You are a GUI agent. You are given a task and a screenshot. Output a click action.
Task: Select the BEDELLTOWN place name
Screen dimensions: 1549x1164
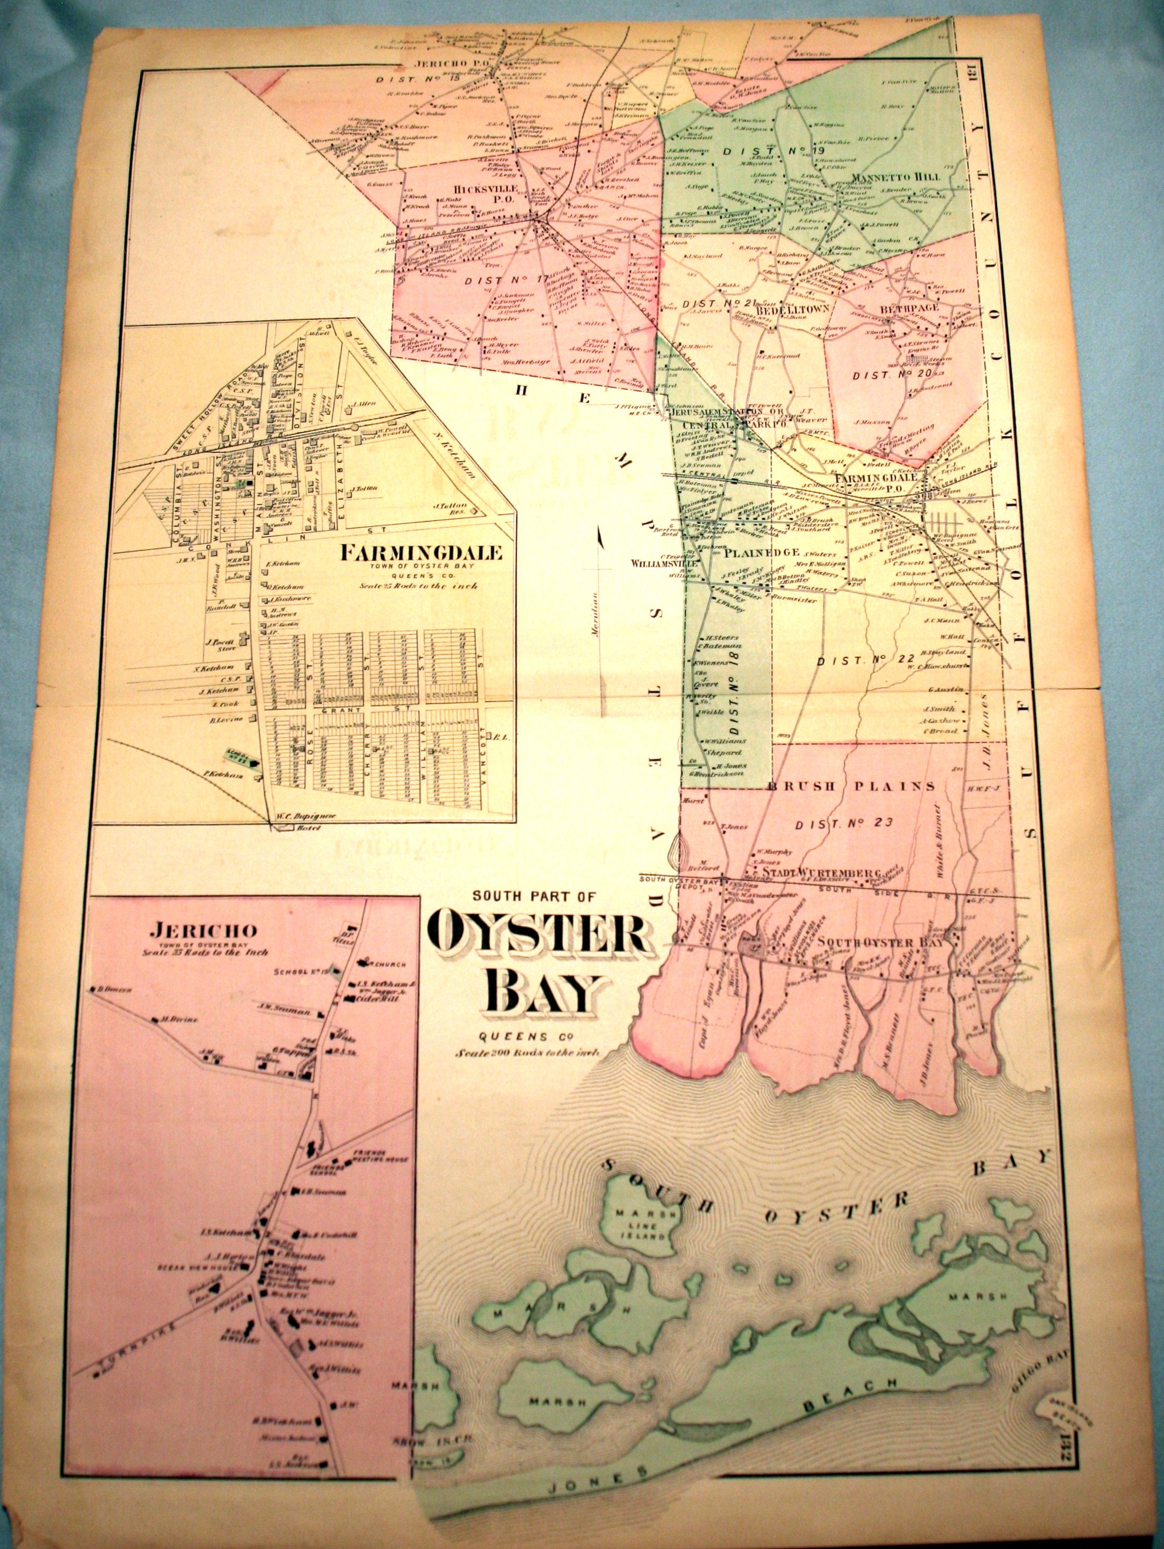pos(790,308)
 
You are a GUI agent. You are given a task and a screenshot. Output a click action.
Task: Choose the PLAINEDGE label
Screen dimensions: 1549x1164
pos(762,552)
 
